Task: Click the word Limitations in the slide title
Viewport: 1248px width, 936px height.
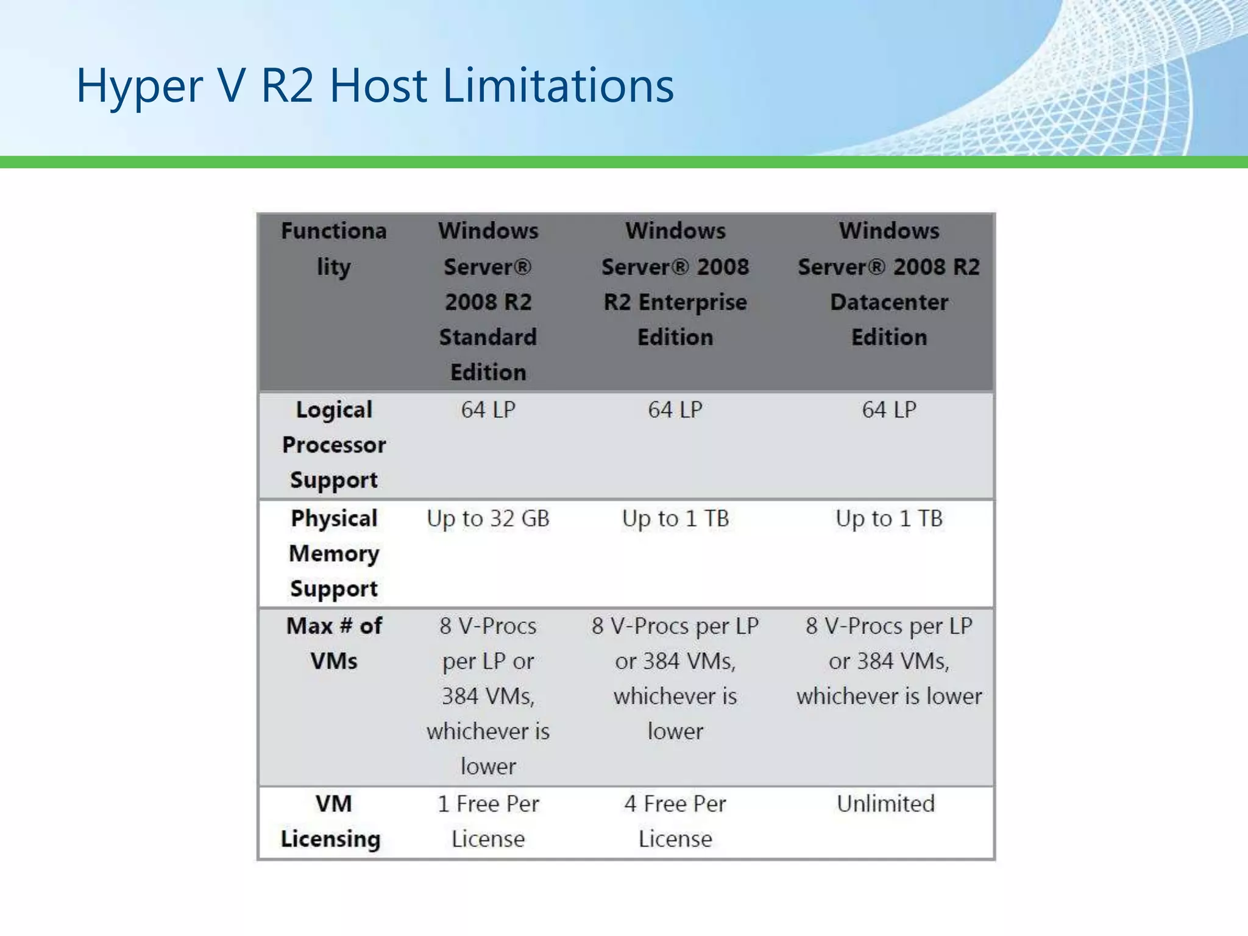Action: pyautogui.click(x=558, y=85)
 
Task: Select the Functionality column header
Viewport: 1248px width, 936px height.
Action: pyautogui.click(x=334, y=249)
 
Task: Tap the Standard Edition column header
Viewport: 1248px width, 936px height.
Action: pyautogui.click(x=488, y=302)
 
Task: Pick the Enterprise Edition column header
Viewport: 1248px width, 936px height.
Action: pyautogui.click(x=675, y=284)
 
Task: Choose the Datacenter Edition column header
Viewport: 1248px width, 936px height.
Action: pyautogui.click(x=889, y=284)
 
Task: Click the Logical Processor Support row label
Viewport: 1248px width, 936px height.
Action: pyautogui.click(x=334, y=445)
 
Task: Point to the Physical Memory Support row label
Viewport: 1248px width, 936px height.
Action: pyautogui.click(x=334, y=553)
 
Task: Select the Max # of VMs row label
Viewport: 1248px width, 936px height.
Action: pyautogui.click(x=334, y=643)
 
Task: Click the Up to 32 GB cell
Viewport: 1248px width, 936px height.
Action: pyautogui.click(x=488, y=519)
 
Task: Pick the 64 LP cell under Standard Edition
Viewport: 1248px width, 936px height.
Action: pyautogui.click(x=488, y=410)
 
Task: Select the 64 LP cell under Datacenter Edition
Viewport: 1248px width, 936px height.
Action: pyautogui.click(x=889, y=410)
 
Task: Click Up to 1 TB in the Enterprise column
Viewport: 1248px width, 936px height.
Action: pyautogui.click(x=675, y=519)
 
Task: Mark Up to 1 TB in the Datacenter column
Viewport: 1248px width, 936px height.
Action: pyautogui.click(x=889, y=519)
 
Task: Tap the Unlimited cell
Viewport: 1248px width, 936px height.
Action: pyautogui.click(x=885, y=804)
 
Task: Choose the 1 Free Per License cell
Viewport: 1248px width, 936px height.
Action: pyautogui.click(x=488, y=821)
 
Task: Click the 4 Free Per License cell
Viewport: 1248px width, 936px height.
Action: pyautogui.click(x=675, y=821)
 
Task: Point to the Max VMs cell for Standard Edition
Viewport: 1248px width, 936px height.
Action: pyautogui.click(x=488, y=696)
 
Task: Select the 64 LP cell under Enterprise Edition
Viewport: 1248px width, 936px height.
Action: pyautogui.click(x=675, y=410)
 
